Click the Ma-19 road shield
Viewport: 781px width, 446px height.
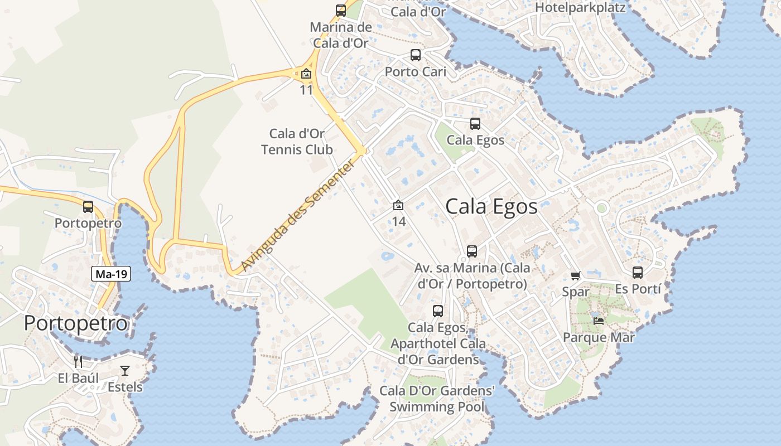[112, 274]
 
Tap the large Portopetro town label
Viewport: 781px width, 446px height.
[76, 323]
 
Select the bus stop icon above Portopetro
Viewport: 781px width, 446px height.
[88, 207]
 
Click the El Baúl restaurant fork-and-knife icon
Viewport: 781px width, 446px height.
[78, 362]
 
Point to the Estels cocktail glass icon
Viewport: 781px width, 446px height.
[124, 371]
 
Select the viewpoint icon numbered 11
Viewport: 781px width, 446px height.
[306, 74]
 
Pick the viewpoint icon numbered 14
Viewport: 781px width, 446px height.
[398, 206]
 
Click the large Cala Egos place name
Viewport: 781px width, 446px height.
[491, 207]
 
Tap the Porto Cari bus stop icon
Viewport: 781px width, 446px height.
[416, 55]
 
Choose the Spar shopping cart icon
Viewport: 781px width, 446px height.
[576, 275]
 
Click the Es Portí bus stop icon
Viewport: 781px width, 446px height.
[638, 273]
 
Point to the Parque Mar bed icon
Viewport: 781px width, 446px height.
[599, 321]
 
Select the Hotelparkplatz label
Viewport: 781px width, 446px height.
[580, 8]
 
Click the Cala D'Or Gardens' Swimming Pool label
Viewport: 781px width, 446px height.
[437, 399]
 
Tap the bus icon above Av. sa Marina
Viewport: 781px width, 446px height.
[472, 251]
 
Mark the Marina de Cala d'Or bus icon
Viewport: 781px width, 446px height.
[341, 11]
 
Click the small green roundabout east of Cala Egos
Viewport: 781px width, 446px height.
[601, 208]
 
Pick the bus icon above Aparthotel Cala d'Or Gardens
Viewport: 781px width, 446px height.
[438, 311]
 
